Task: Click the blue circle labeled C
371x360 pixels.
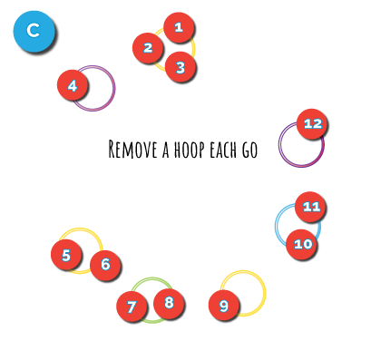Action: [34, 31]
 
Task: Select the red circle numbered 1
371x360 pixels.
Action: [179, 27]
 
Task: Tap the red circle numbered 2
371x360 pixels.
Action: [147, 47]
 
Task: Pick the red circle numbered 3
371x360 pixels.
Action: [180, 66]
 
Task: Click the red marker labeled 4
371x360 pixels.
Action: [72, 85]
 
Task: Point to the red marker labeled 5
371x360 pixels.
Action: [65, 254]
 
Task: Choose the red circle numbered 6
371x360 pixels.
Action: [105, 265]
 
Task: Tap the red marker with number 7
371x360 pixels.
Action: [132, 306]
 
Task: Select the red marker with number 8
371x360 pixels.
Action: [169, 303]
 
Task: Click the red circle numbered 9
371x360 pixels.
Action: [223, 306]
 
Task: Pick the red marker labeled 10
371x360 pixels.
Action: [301, 244]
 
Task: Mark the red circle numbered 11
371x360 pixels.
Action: [310, 207]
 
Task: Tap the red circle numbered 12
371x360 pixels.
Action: [311, 123]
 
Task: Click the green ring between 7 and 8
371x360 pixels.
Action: [151, 279]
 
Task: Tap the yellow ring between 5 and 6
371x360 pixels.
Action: [84, 230]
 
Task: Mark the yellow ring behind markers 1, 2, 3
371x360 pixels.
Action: [192, 48]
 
